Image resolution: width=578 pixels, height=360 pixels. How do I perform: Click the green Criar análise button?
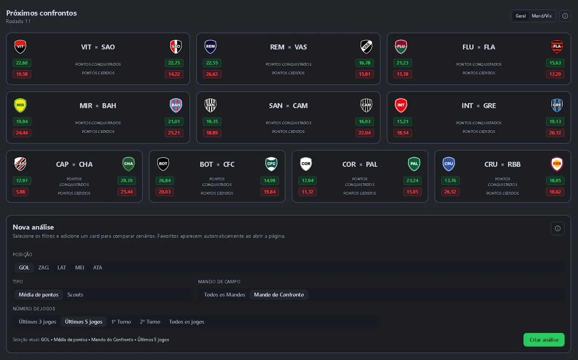(x=544, y=340)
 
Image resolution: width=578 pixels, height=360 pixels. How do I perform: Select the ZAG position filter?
(x=43, y=267)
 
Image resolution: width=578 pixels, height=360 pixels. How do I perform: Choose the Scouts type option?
(x=75, y=295)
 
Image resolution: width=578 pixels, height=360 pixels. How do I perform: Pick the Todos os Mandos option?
(x=224, y=295)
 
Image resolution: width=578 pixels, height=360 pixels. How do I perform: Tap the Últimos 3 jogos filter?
(x=38, y=322)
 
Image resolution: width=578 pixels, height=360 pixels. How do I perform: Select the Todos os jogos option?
(x=186, y=322)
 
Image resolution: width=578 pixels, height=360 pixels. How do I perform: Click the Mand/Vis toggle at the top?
(x=542, y=16)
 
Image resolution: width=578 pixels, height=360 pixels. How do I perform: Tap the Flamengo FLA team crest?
(x=557, y=47)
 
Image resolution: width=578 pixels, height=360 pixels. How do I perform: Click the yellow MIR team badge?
(x=20, y=106)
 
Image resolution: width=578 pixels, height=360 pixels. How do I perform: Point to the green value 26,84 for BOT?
(x=165, y=180)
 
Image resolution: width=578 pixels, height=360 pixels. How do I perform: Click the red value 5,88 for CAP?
(x=21, y=192)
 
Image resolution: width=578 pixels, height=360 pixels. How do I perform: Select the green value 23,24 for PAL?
(x=412, y=180)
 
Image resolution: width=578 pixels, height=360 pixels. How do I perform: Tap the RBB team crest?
(x=557, y=164)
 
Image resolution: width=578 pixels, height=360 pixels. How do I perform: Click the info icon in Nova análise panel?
(x=558, y=228)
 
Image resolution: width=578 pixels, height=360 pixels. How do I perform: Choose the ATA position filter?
(x=98, y=267)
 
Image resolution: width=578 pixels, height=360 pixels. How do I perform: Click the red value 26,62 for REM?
(x=212, y=74)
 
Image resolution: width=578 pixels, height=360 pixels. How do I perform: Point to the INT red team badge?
(x=401, y=106)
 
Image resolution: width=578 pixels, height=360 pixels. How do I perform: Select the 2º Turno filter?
(x=150, y=322)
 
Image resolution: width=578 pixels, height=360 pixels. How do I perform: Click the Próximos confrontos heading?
(x=41, y=13)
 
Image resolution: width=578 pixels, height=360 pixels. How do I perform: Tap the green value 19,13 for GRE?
(x=555, y=122)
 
